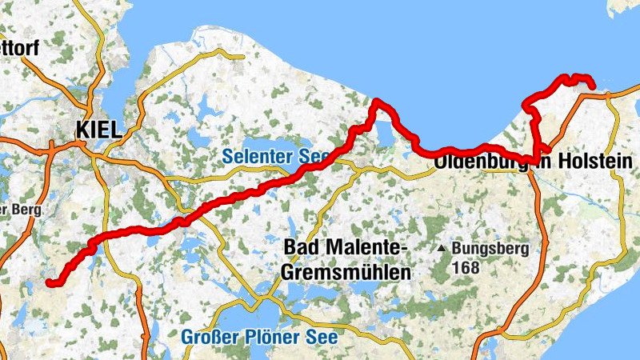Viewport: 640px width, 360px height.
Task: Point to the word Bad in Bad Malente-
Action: click(x=300, y=247)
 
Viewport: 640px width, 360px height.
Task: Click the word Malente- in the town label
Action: click(x=363, y=247)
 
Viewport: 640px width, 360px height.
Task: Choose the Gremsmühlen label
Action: click(x=345, y=272)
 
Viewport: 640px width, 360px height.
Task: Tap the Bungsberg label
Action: click(x=490, y=249)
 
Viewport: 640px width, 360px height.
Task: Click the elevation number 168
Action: click(x=465, y=267)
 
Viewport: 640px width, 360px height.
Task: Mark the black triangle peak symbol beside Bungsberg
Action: click(x=441, y=249)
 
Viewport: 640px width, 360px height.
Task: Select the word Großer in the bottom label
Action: click(x=210, y=337)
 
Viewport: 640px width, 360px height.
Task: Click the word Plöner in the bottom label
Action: click(x=276, y=337)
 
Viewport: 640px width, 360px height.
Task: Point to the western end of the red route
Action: click(x=49, y=282)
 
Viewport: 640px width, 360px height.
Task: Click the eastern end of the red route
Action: click(x=592, y=86)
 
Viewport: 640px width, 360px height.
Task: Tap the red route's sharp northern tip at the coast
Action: click(x=375, y=102)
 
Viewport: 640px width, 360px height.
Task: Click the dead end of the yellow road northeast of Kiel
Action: click(x=243, y=57)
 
